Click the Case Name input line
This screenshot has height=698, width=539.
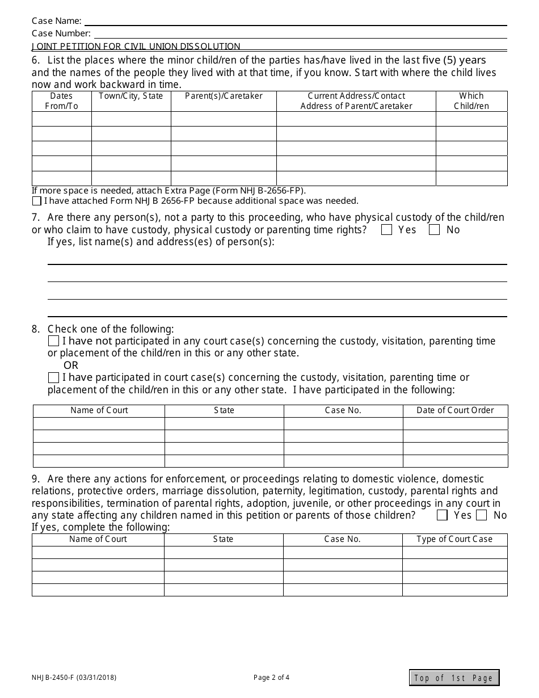click(x=295, y=21)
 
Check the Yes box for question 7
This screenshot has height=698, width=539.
click(x=387, y=230)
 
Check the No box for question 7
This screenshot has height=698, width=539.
click(x=435, y=230)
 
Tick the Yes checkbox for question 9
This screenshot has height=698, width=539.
click(x=443, y=515)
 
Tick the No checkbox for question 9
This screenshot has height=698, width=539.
click(x=482, y=515)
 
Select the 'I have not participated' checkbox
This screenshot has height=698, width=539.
click(x=54, y=341)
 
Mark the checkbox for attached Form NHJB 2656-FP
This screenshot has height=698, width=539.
click(x=37, y=201)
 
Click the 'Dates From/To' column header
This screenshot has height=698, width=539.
click(x=61, y=101)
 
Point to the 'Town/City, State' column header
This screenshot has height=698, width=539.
click(x=131, y=96)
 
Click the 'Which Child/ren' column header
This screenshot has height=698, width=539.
click(x=471, y=101)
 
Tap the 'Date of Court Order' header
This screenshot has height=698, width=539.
click(x=455, y=410)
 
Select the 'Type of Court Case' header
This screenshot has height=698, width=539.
click(x=454, y=539)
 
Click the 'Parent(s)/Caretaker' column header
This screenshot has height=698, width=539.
click(x=224, y=96)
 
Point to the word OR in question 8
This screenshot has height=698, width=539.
click(x=71, y=365)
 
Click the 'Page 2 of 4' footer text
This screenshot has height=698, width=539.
click(x=271, y=677)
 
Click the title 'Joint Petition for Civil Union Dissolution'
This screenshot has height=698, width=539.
click(x=136, y=47)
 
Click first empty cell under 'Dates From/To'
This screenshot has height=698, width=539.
click(x=61, y=119)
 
